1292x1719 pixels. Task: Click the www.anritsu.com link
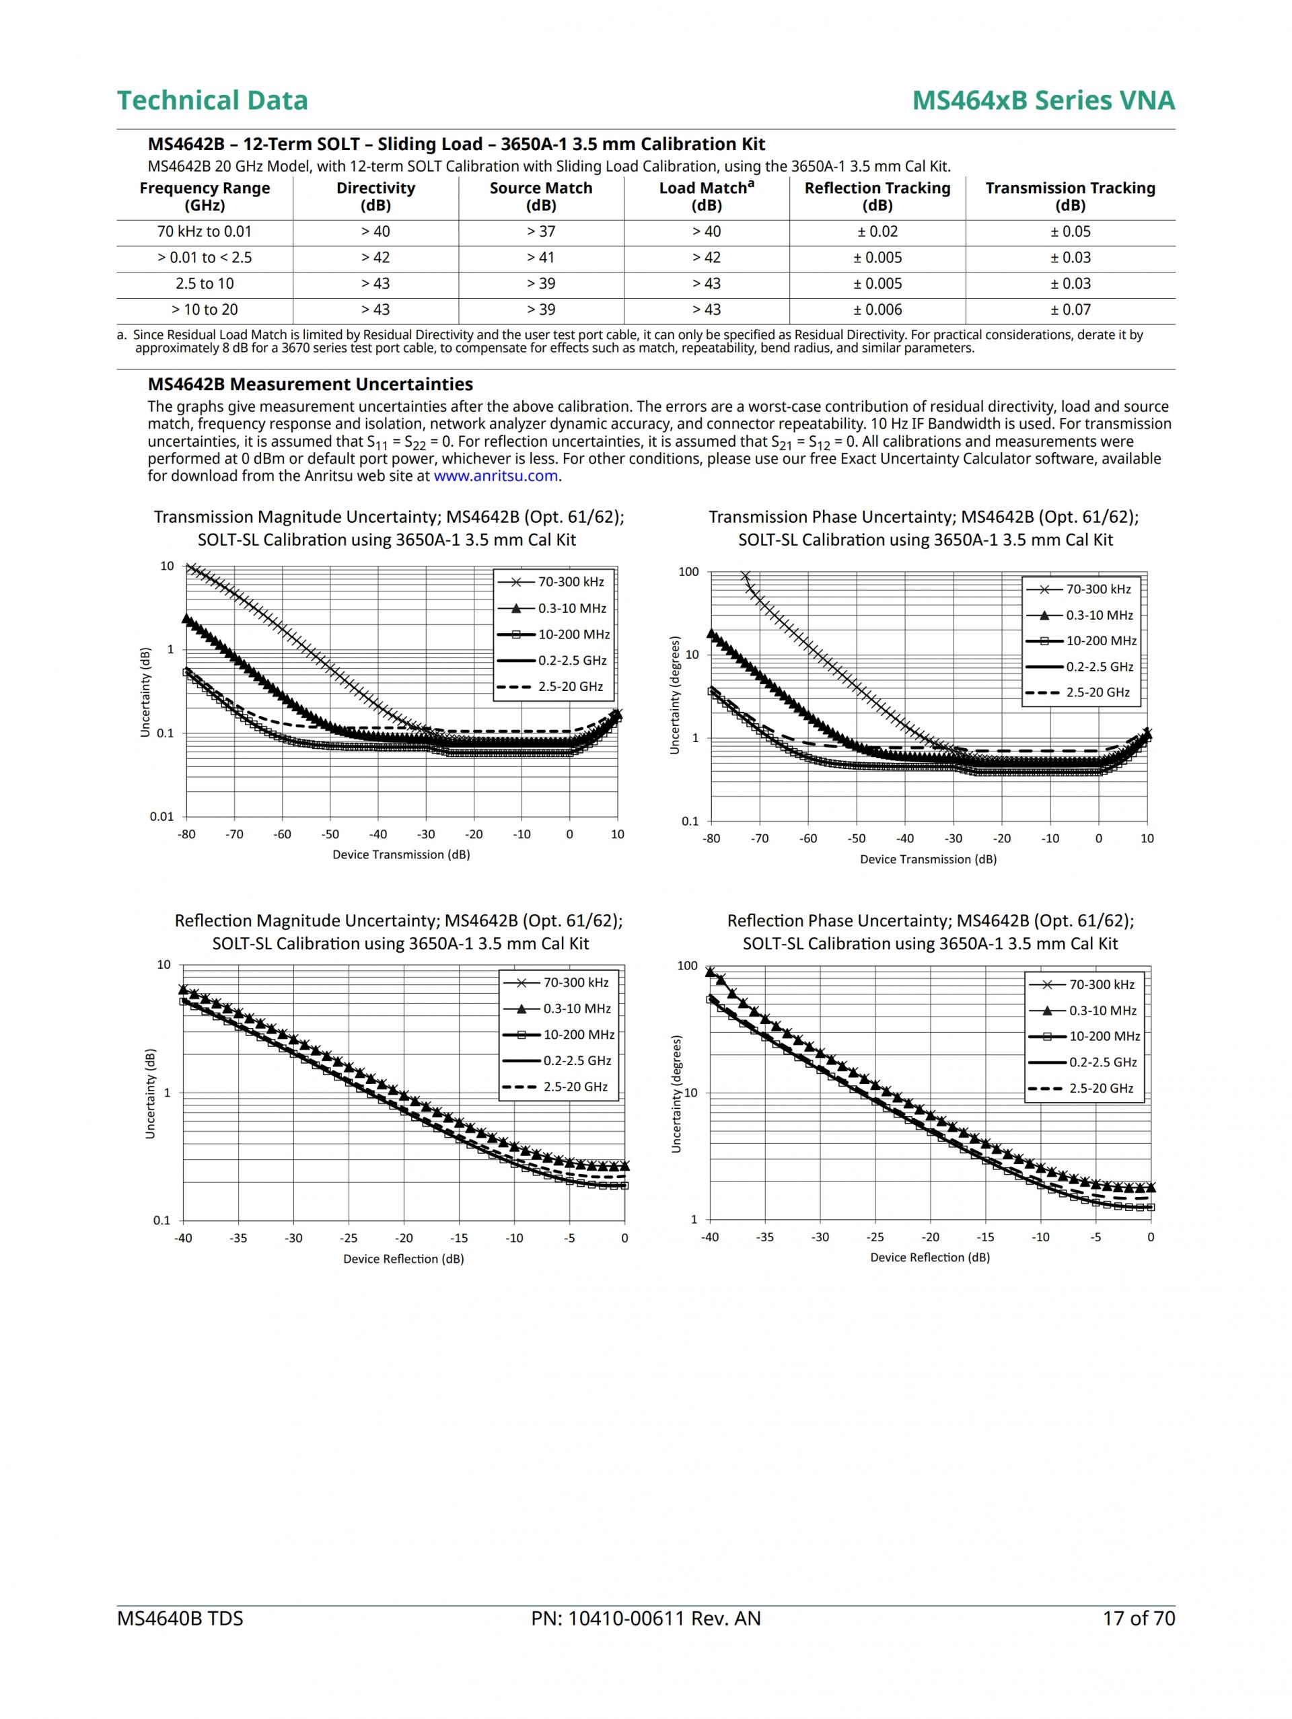[x=495, y=476]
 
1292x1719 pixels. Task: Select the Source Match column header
[x=540, y=196]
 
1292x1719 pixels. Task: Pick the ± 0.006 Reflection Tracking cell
[x=877, y=309]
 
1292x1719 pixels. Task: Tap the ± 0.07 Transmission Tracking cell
[x=1070, y=309]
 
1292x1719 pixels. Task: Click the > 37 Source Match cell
[x=540, y=231]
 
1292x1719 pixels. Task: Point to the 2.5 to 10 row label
[x=205, y=284]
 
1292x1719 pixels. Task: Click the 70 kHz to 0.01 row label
[x=205, y=231]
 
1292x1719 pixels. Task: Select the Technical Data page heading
[x=212, y=100]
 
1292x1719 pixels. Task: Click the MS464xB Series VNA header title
[x=1043, y=100]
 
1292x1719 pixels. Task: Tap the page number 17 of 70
[x=1138, y=1619]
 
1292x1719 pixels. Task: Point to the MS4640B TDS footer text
[x=180, y=1619]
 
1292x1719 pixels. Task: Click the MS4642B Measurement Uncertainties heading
[x=310, y=384]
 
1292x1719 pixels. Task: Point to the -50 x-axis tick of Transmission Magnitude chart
[x=330, y=835]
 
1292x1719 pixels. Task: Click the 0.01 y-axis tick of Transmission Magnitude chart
[x=161, y=816]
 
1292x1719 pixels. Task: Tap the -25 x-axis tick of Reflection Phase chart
[x=875, y=1237]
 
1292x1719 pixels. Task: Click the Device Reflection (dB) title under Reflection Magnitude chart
[x=404, y=1258]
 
